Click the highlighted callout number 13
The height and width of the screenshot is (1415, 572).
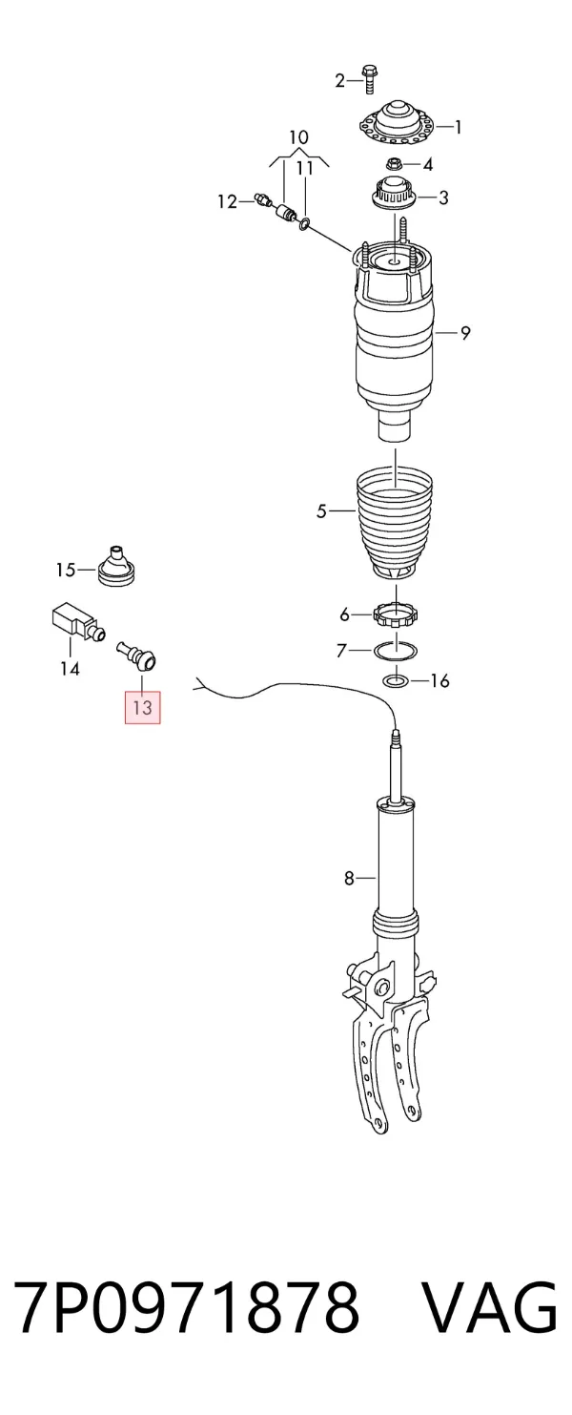click(143, 707)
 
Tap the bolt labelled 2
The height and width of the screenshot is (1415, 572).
click(369, 79)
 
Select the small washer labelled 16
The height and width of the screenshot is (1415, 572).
click(397, 681)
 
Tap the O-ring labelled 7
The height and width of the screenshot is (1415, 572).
click(396, 650)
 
